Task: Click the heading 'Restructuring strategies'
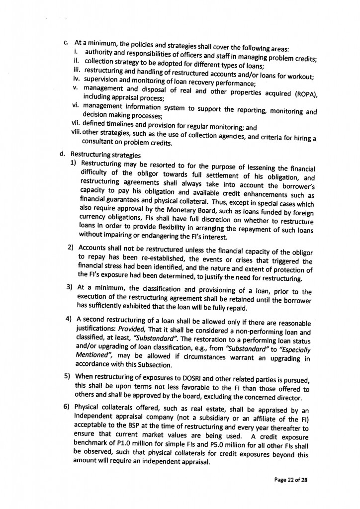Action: [101, 155]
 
